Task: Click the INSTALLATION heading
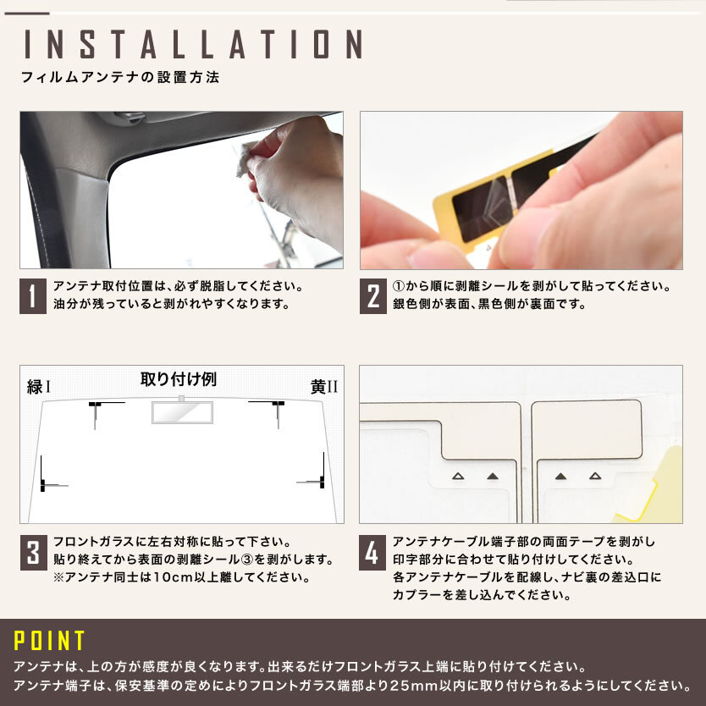pos(193,44)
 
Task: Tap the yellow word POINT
pos(49,640)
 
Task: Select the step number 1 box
pos(33,295)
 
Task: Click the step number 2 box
pos(372,295)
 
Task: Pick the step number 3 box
pos(33,553)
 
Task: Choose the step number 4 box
pos(372,553)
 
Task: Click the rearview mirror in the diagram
pos(182,411)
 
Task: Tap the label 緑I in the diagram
pos(39,387)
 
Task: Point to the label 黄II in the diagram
pos(323,387)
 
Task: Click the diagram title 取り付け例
pos(179,379)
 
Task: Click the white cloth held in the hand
pos(246,159)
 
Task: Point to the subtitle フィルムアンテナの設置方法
pos(120,77)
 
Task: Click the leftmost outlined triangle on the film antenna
pos(458,476)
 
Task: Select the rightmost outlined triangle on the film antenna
pos(595,476)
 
